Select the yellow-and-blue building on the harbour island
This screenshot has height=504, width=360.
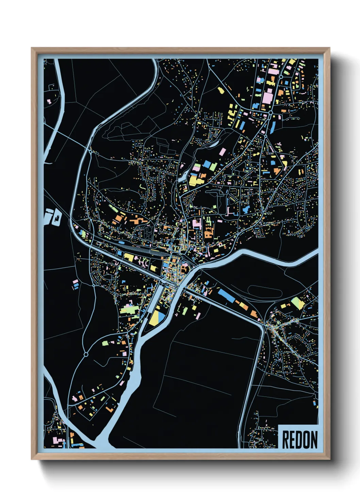click(156, 318)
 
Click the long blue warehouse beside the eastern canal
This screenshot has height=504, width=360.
click(226, 295)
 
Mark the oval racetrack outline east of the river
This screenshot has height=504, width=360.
click(264, 292)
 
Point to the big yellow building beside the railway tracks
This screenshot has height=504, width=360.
click(129, 257)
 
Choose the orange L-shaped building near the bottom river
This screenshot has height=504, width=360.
click(110, 408)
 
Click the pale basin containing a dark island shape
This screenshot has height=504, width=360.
click(54, 217)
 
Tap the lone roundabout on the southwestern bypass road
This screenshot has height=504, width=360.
click(86, 355)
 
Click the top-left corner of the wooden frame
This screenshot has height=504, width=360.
click(32, 48)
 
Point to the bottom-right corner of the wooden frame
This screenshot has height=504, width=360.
click(329, 459)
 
